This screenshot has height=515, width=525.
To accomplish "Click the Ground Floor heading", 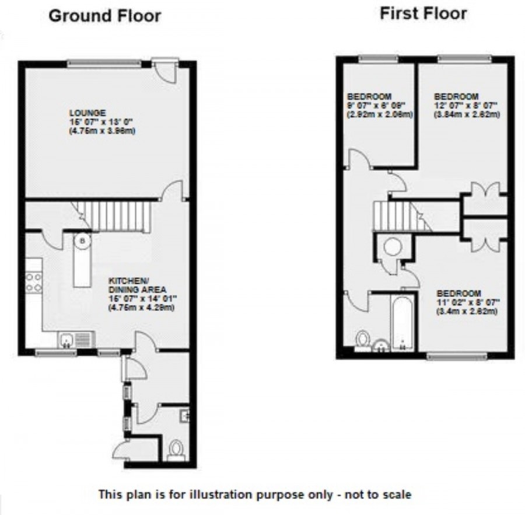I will pyautogui.click(x=104, y=16).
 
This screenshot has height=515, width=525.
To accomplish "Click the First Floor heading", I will pyautogui.click(x=423, y=13).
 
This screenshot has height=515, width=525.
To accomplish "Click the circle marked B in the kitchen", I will pyautogui.click(x=82, y=239).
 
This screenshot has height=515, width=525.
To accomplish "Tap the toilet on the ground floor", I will pyautogui.click(x=175, y=449).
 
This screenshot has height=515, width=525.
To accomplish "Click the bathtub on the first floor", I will pyautogui.click(x=402, y=324).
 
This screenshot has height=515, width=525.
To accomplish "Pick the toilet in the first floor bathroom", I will pyautogui.click(x=363, y=339).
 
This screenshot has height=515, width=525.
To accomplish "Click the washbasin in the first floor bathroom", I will pyautogui.click(x=381, y=347).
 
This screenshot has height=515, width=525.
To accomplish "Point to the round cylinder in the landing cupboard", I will pyautogui.click(x=391, y=247).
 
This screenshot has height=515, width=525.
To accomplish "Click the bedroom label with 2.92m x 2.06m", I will pyautogui.click(x=379, y=106).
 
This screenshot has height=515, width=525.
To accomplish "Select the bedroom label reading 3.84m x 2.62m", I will pyautogui.click(x=466, y=106).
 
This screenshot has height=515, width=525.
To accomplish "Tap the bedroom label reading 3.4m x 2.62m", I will pyautogui.click(x=467, y=302).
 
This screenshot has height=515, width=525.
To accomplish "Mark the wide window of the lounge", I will pyautogui.click(x=104, y=63).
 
